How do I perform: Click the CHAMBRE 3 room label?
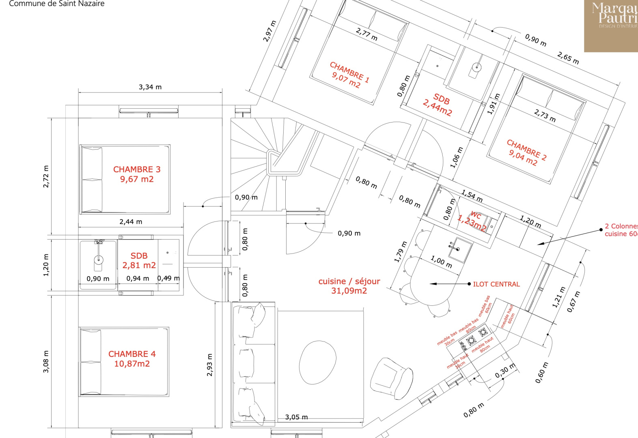point(137,170)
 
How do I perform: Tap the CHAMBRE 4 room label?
point(132,354)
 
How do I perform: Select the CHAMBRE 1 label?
point(349,72)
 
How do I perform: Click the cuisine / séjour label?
point(349,281)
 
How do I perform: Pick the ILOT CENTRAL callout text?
point(496,284)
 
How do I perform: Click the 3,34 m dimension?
point(150,87)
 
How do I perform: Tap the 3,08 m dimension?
point(46,362)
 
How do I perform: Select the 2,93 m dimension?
point(209,365)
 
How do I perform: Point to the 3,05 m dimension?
point(296,417)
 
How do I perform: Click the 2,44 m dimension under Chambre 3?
point(131,222)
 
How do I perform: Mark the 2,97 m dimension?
point(269,31)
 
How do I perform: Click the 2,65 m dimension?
point(568,58)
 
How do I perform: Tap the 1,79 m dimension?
point(401,252)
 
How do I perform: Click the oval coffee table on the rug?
point(318,362)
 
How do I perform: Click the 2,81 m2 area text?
point(139,266)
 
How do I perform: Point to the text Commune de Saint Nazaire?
point(57,4)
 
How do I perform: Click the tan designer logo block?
point(611,26)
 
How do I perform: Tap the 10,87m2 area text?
point(132,364)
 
